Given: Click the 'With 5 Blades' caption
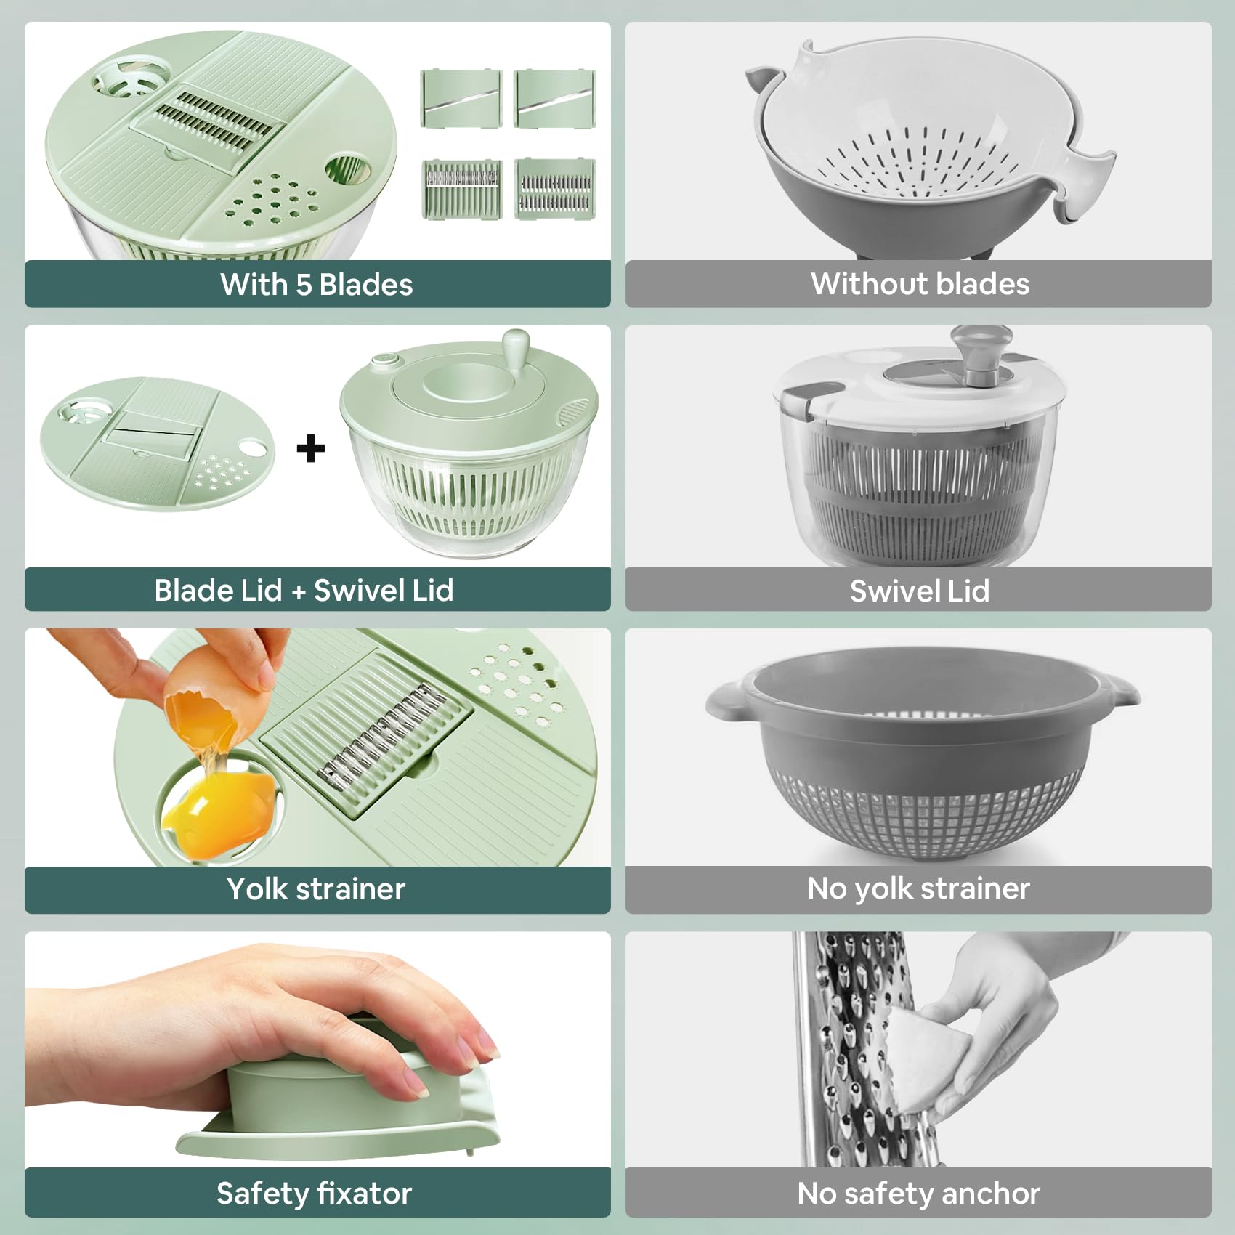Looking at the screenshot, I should coord(317,284).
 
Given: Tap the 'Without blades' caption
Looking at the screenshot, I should coord(920,284).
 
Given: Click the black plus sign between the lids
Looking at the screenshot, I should coord(311,448).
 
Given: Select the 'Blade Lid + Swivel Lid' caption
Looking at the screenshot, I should coord(304,590).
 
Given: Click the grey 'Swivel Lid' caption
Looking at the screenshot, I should coord(920,591).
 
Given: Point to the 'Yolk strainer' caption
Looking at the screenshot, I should coord(315,888).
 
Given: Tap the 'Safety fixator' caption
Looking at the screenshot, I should coord(314,1194).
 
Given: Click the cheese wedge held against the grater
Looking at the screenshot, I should coord(919,1053).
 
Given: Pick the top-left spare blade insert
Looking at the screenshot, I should coord(461,99).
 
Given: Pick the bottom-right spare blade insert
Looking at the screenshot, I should coord(555,189).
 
